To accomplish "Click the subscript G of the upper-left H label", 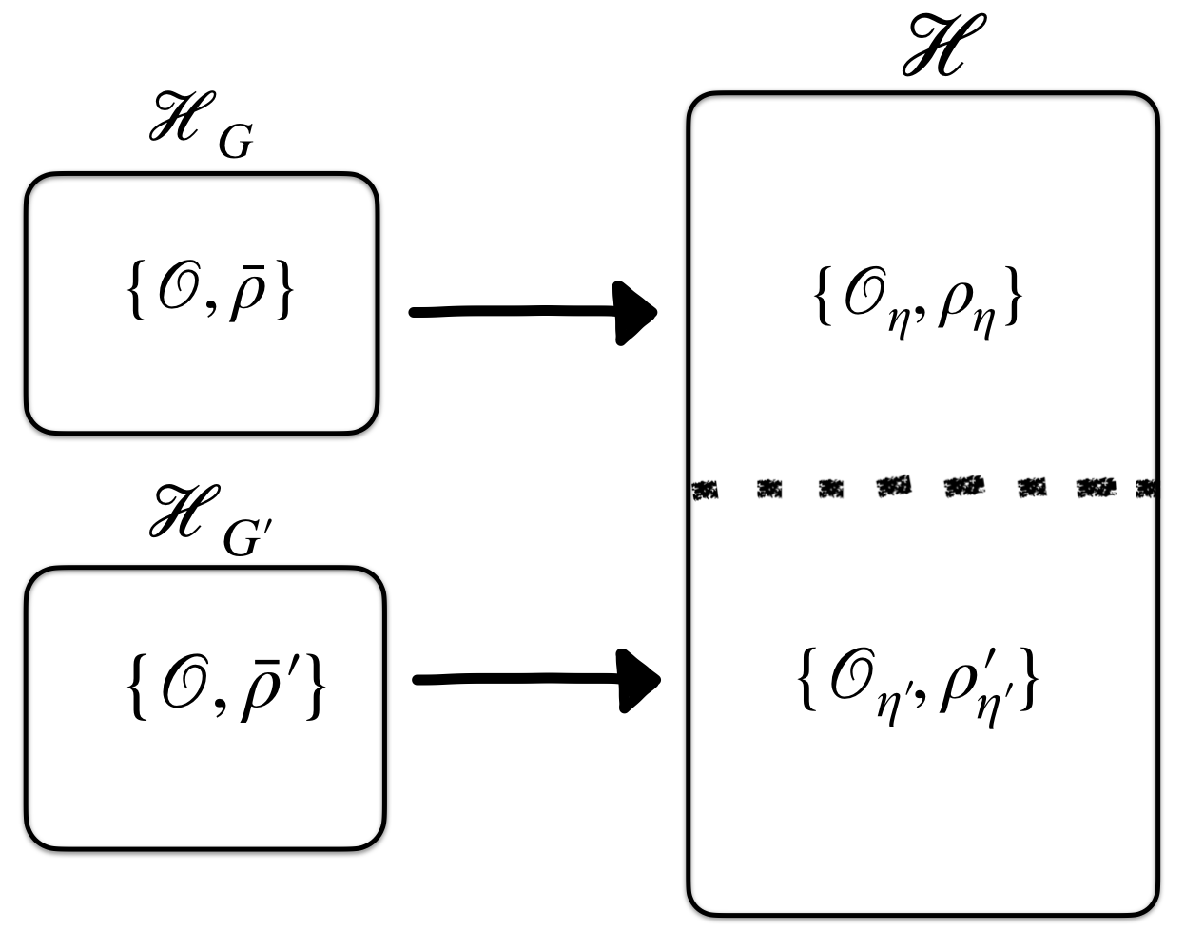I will click(235, 144).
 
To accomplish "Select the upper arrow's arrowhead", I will click(635, 312).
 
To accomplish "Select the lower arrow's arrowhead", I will click(638, 680).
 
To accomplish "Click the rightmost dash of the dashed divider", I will click(1148, 490).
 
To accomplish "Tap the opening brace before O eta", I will click(822, 300).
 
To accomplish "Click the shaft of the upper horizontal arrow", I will click(514, 312).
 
